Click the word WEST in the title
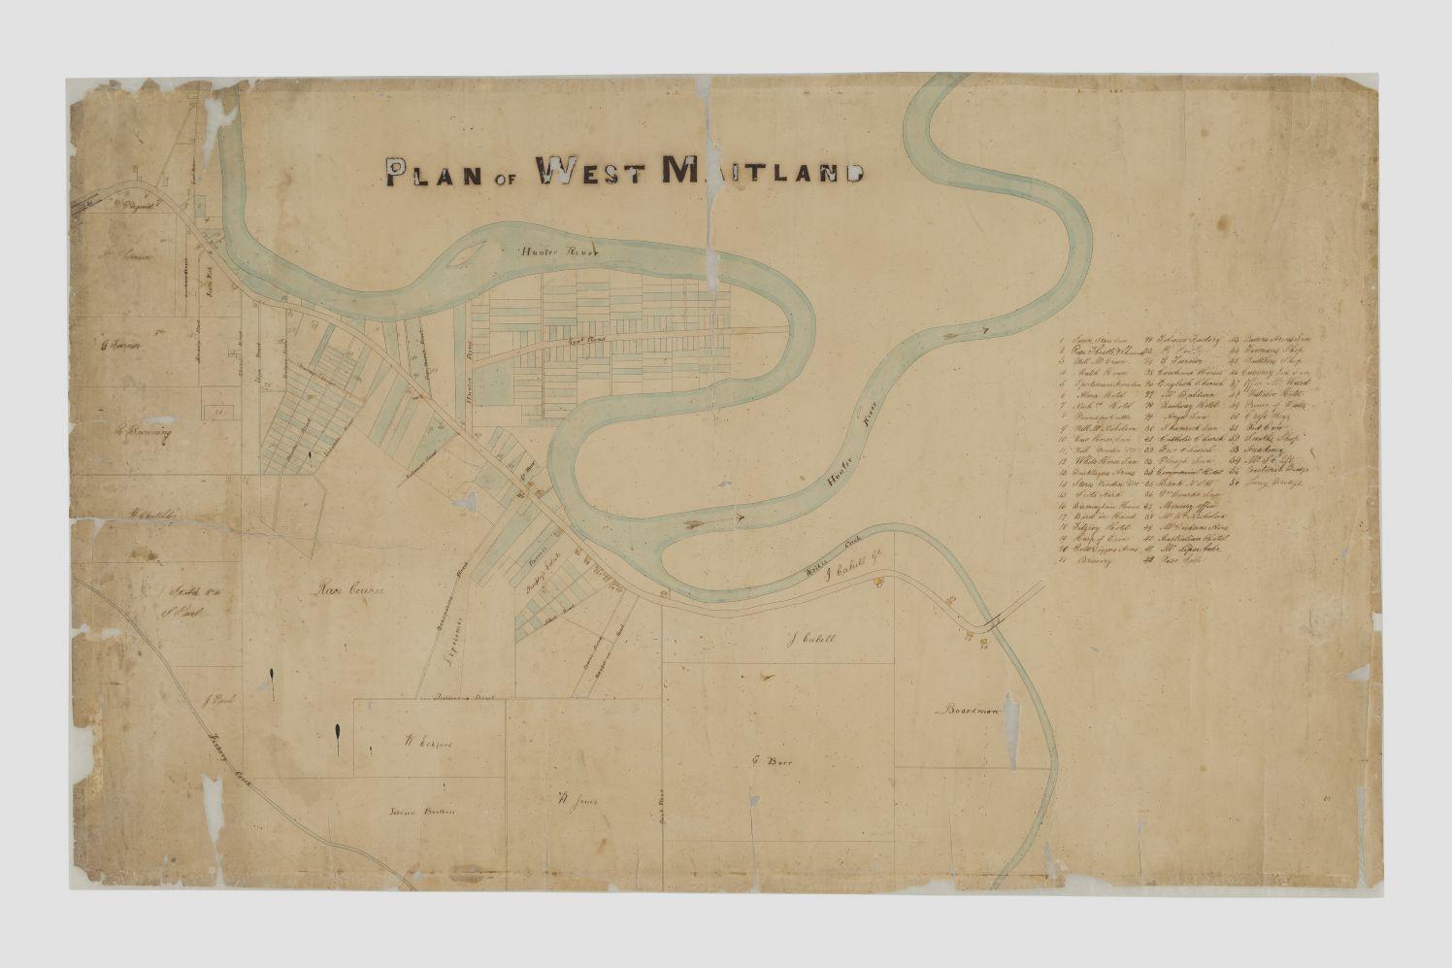click(591, 172)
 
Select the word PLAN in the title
click(434, 173)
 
